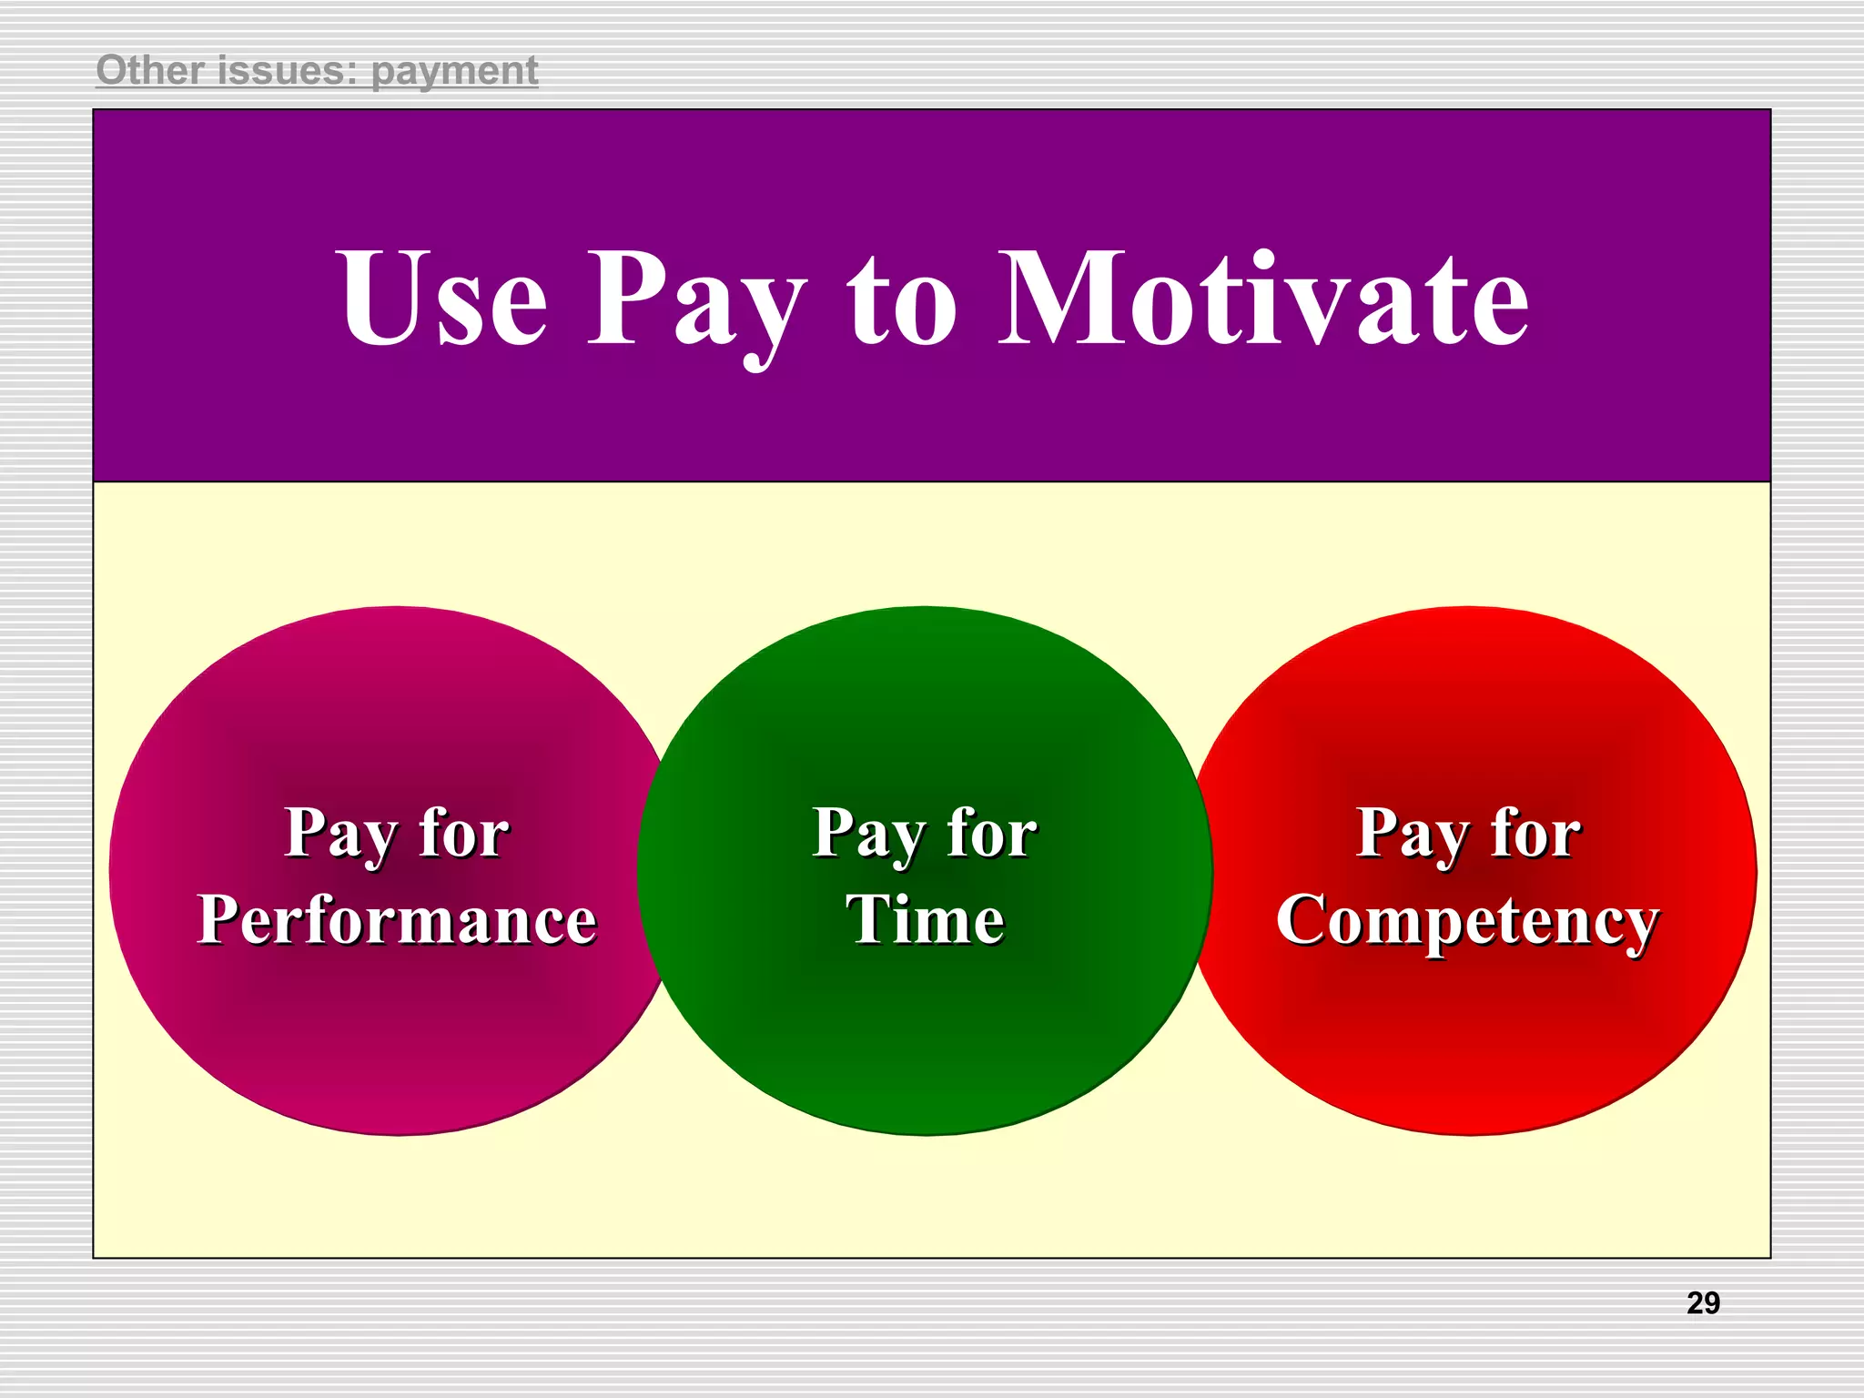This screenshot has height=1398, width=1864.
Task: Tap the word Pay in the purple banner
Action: click(x=696, y=305)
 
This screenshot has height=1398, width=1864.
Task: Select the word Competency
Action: click(x=1467, y=921)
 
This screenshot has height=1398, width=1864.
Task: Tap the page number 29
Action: click(x=1703, y=1303)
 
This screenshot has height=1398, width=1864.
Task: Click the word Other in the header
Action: click(x=149, y=70)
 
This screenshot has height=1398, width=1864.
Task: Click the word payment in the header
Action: click(x=454, y=72)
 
